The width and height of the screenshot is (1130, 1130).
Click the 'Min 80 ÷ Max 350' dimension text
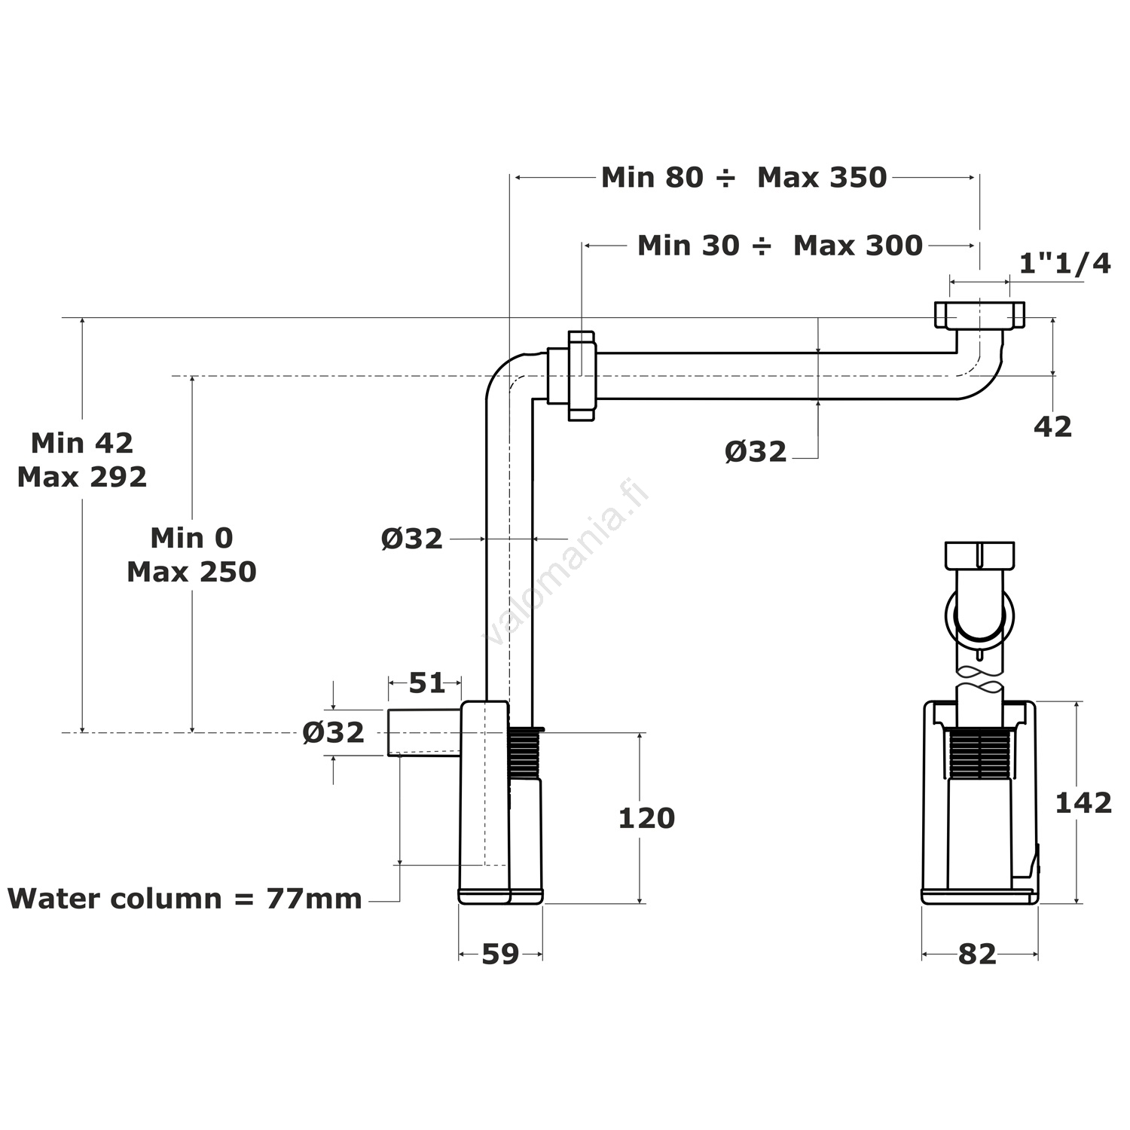point(744,178)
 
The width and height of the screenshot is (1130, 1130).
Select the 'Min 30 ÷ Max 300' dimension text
point(780,246)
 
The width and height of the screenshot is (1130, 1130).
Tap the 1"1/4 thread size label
point(1064,264)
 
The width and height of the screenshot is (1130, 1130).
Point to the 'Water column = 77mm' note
point(185,899)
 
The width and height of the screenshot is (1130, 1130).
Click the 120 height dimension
point(646,818)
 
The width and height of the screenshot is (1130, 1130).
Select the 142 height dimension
point(1083,803)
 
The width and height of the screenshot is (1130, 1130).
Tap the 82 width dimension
point(977,954)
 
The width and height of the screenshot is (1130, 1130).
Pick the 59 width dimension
point(500,954)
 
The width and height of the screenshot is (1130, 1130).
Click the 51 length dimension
point(426,683)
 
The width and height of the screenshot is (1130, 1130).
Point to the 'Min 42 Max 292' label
point(82,460)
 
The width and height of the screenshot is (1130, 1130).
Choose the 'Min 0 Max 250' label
point(191,554)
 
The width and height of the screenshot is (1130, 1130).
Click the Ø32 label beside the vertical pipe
point(411,539)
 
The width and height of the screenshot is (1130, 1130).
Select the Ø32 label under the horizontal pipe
point(755,452)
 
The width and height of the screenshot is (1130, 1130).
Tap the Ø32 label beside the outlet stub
point(333,732)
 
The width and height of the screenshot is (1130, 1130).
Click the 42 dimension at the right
point(1052,427)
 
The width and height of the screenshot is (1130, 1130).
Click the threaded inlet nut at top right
point(979,315)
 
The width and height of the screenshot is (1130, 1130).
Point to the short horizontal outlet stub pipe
point(423,731)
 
